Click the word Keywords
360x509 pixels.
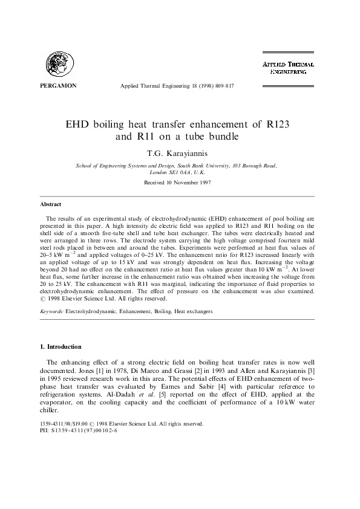coord(51,311)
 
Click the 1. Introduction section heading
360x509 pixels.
coord(64,347)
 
